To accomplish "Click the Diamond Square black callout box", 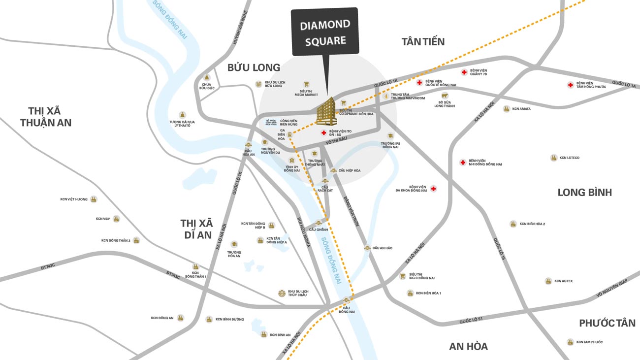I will (x=324, y=32).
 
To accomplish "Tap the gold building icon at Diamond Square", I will (x=326, y=111).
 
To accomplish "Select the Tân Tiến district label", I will (x=423, y=42).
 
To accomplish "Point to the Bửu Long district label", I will (x=254, y=67).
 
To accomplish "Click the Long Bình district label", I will (x=584, y=193).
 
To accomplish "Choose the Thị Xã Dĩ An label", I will (x=196, y=229).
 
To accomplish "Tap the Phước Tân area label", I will (x=607, y=323).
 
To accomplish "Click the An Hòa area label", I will (x=468, y=346).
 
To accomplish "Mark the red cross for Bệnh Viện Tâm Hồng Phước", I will (x=570, y=85).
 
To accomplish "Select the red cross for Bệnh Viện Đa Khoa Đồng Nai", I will (x=433, y=189).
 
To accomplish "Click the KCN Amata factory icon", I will (x=506, y=109).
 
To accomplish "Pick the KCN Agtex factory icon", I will (x=548, y=281).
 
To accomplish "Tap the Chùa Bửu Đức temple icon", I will (x=207, y=78).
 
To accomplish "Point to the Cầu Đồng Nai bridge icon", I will (x=347, y=300).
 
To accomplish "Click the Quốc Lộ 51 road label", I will (x=471, y=320).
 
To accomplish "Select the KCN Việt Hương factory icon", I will (x=94, y=199).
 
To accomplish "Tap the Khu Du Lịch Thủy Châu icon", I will (x=282, y=293).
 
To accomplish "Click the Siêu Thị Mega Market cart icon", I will (x=307, y=84).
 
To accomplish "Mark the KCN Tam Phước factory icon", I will (x=570, y=342).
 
